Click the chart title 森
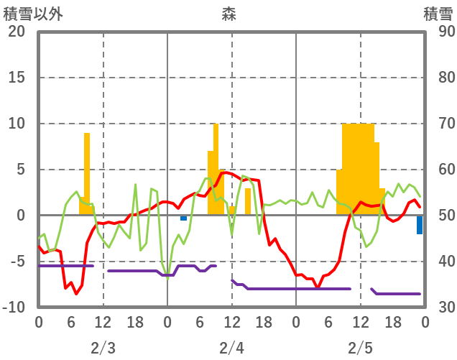click(x=228, y=13)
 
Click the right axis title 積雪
click(x=437, y=13)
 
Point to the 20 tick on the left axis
click(x=16, y=32)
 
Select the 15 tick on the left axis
click(x=16, y=78)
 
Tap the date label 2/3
click(x=103, y=348)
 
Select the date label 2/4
click(x=231, y=348)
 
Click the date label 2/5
click(x=360, y=348)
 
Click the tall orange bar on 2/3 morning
click(x=87, y=172)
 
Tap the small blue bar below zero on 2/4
click(x=184, y=218)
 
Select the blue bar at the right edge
click(x=420, y=225)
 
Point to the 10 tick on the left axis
click(x=16, y=124)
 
